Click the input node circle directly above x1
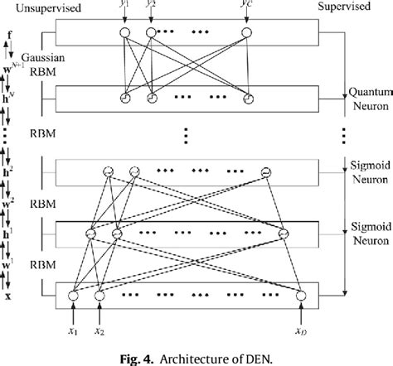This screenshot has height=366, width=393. [72, 294]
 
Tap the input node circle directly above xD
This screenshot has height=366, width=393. [301, 294]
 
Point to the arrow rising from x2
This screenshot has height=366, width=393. [99, 314]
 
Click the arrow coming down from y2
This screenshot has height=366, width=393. [151, 19]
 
